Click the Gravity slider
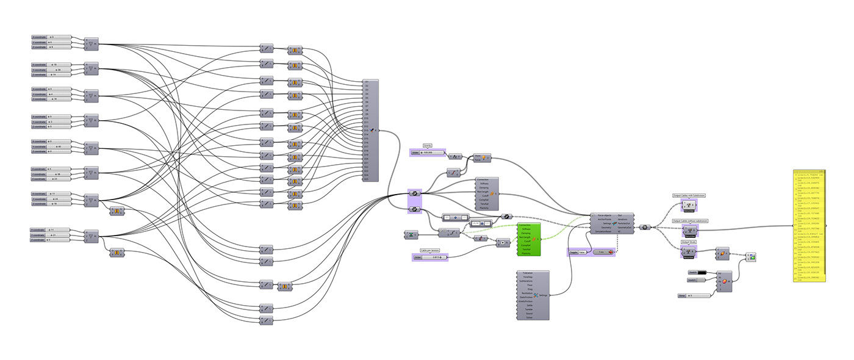point(428,153)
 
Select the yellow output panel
point(808,226)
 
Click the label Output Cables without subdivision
point(689,220)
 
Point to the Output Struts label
point(689,242)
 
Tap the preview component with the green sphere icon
point(752,257)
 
